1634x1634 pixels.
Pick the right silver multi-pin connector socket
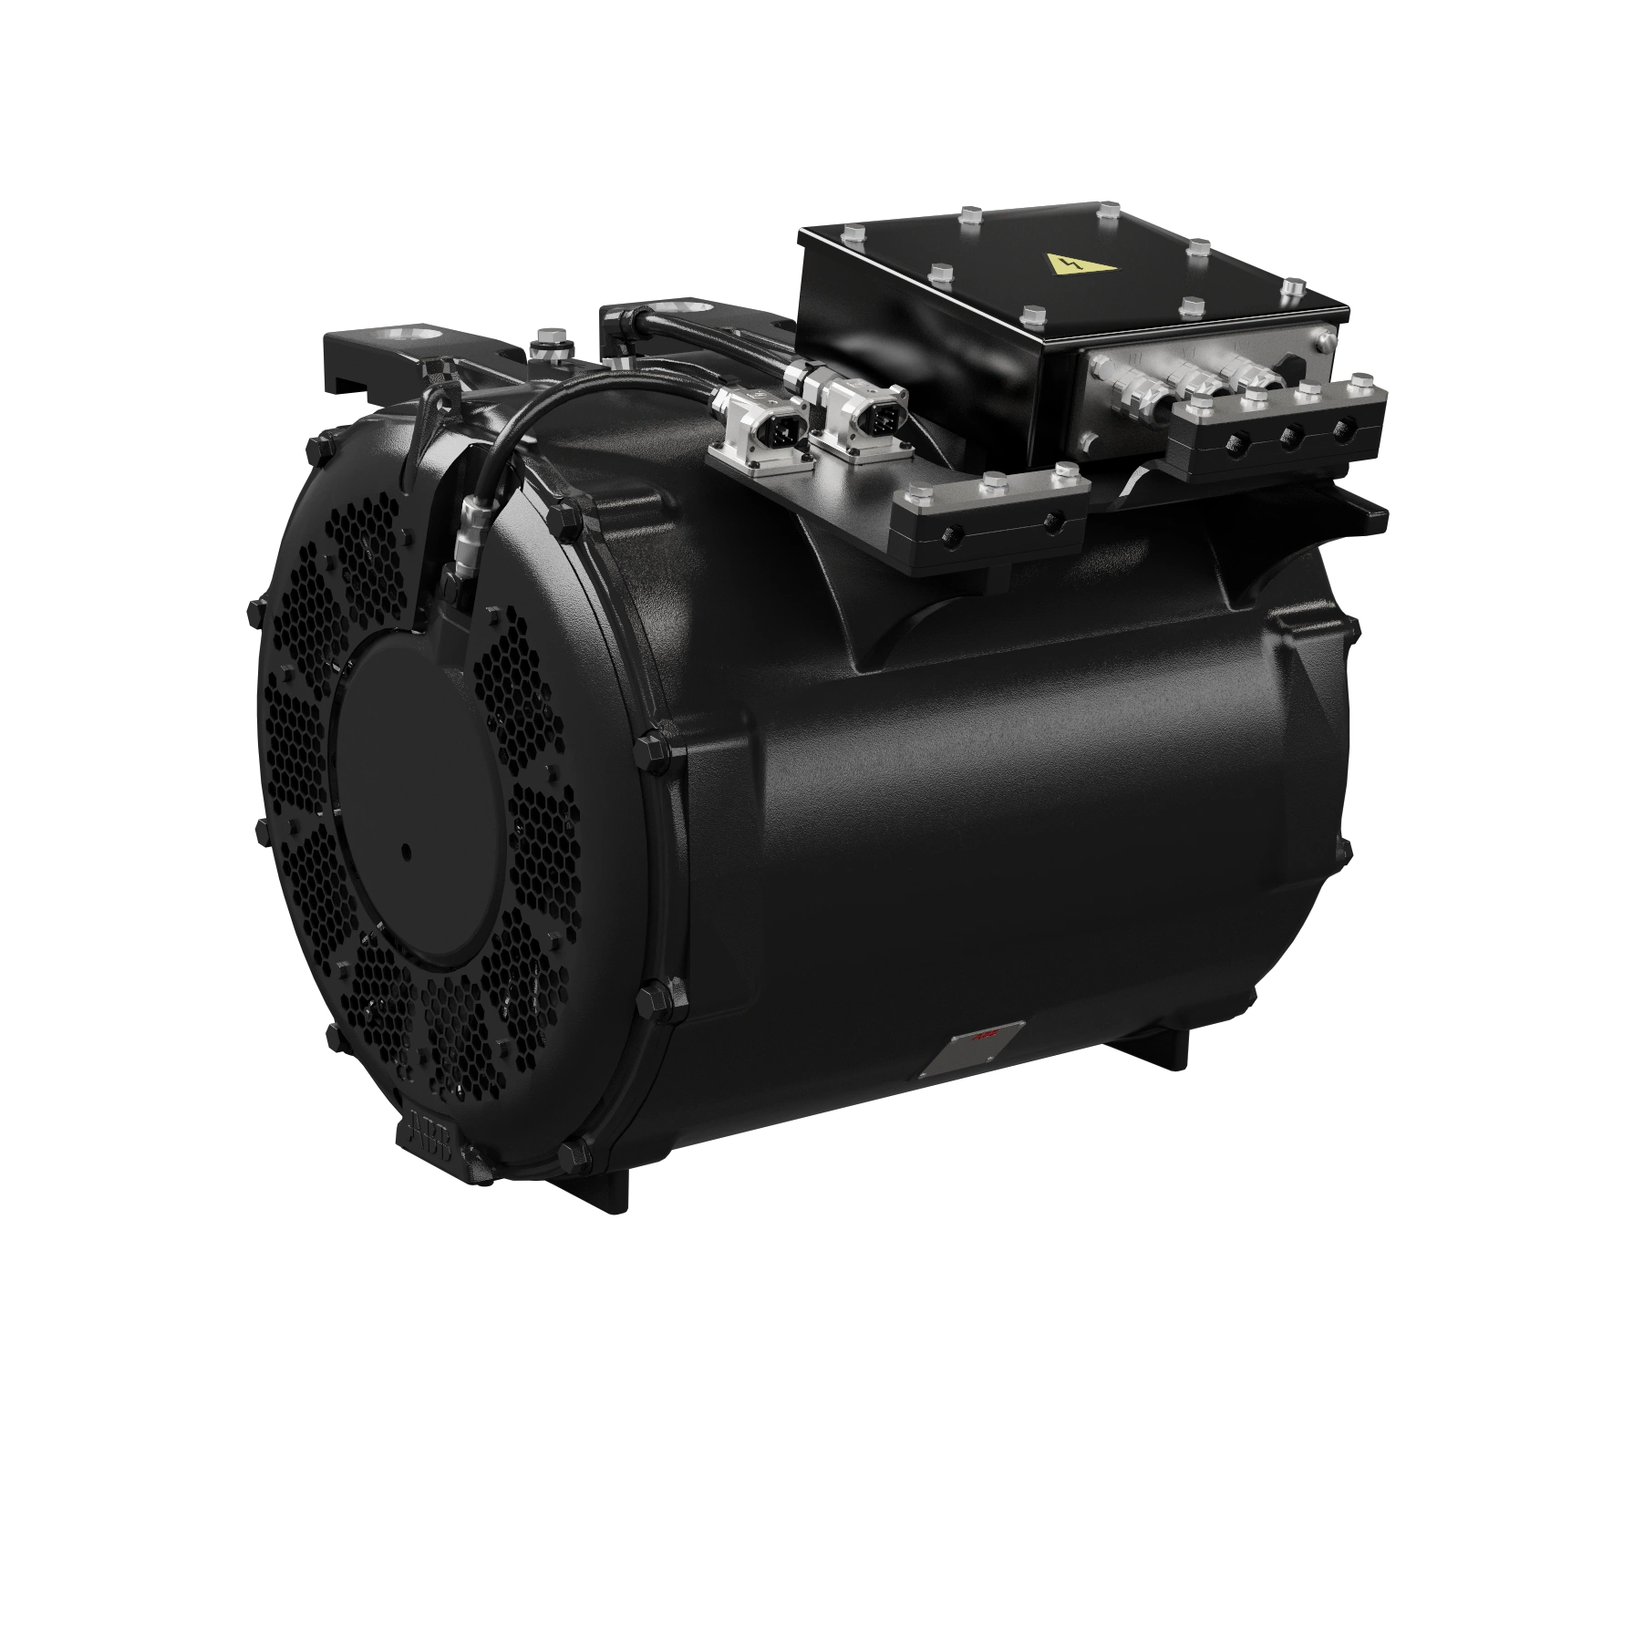pos(862,414)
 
